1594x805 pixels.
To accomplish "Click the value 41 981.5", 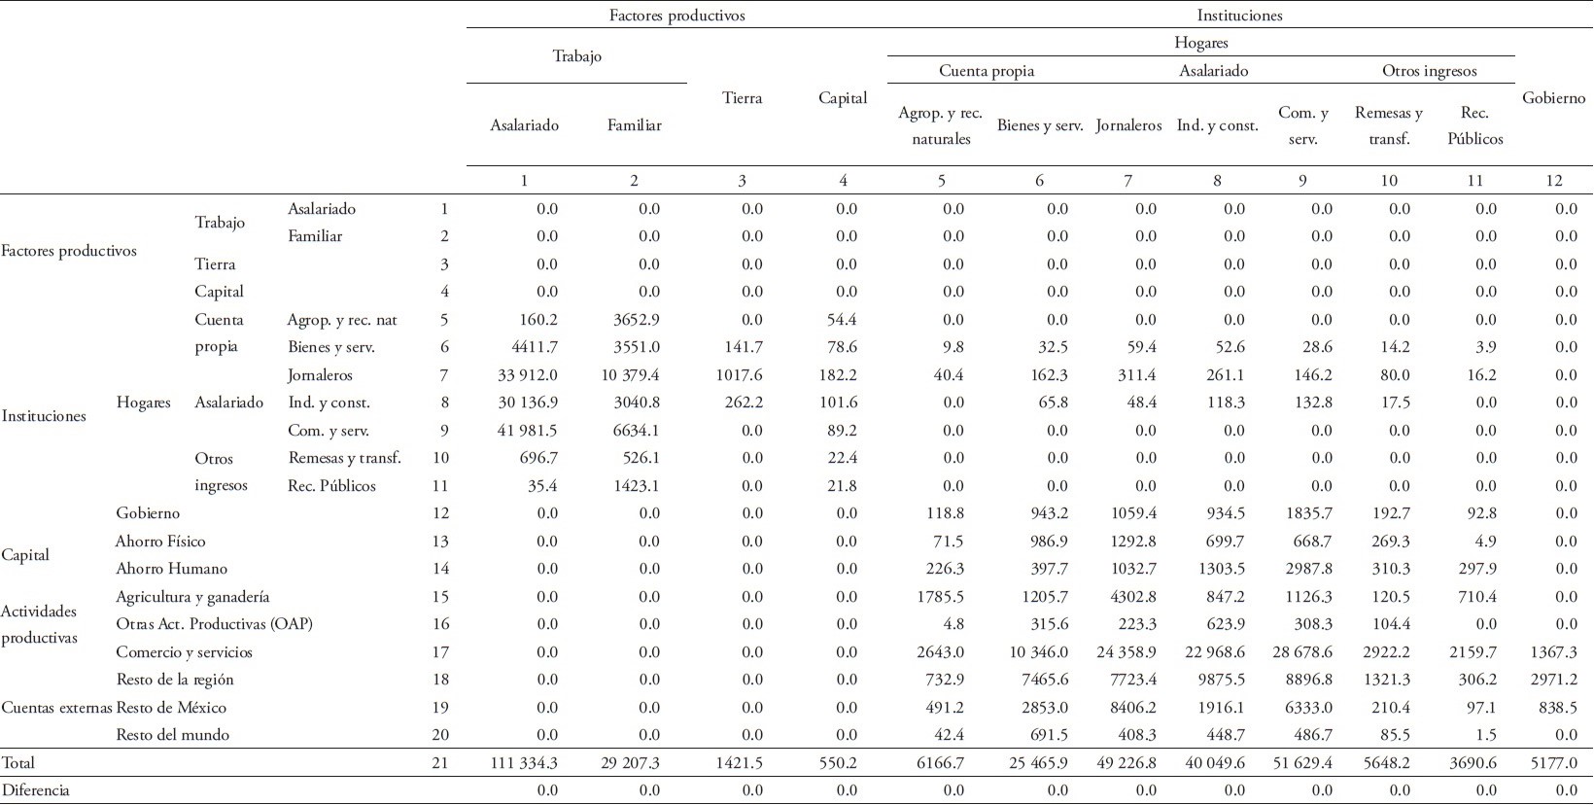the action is [525, 431].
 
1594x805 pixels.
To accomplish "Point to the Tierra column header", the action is [742, 98].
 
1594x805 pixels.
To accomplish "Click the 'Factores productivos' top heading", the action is [676, 15].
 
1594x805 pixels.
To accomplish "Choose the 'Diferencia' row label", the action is [36, 790].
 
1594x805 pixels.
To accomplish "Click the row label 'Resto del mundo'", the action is [172, 735].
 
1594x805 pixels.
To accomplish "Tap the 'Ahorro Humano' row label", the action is [171, 569].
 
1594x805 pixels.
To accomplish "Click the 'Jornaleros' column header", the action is [1127, 125].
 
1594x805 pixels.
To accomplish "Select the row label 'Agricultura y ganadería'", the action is [191, 597].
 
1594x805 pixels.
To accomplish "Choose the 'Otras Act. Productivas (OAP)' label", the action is [214, 624].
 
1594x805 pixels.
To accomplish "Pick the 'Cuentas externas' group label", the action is [56, 708].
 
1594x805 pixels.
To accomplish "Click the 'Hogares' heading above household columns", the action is [1200, 43].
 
